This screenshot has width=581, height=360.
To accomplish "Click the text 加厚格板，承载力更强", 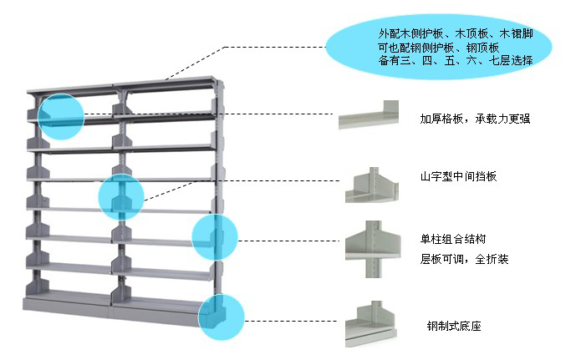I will [x=475, y=119].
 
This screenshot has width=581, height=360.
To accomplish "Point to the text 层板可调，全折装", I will [x=464, y=259].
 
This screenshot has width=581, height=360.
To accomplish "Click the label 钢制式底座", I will [x=453, y=326].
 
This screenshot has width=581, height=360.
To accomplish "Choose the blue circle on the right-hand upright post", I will [x=215, y=237].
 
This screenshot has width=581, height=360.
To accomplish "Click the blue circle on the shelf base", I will [x=221, y=319].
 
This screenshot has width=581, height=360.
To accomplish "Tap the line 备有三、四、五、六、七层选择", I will [x=455, y=61].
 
